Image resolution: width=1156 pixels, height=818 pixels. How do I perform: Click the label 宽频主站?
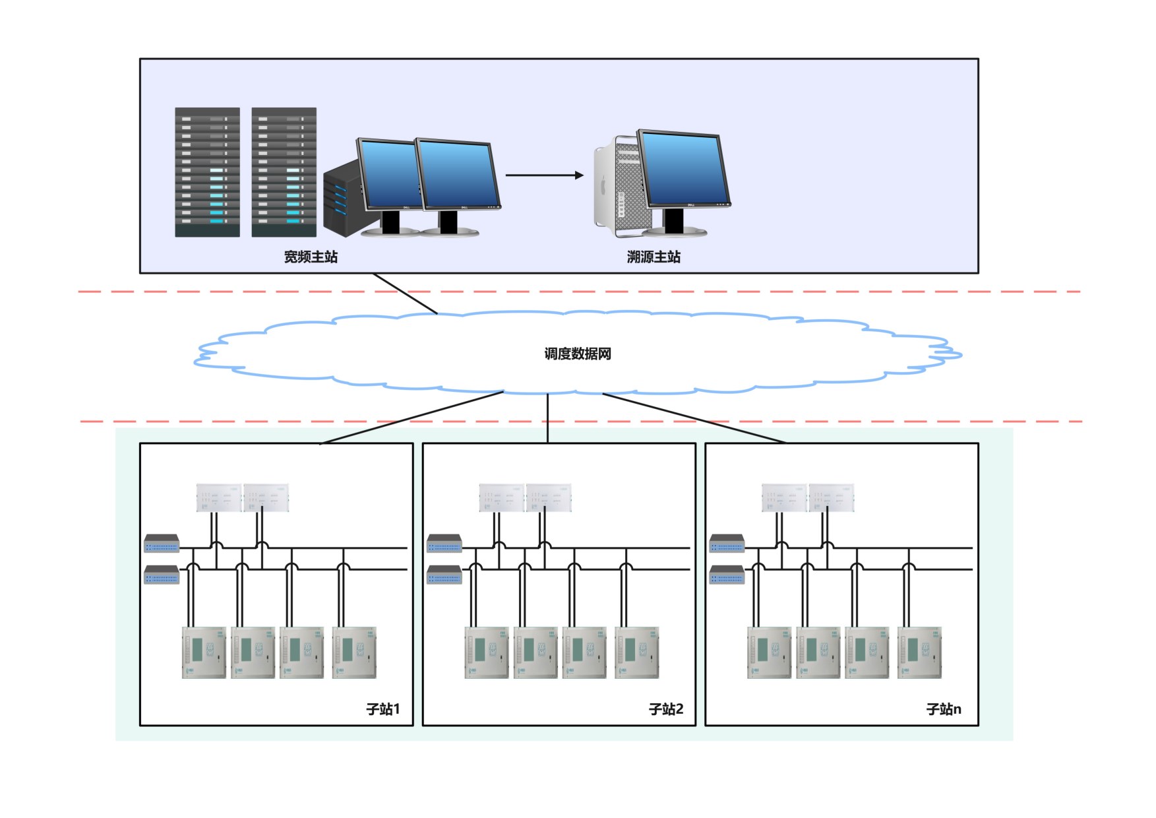point(311,257)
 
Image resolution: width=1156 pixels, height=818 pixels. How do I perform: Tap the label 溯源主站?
point(654,257)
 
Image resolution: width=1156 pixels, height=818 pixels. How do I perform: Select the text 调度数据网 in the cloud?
point(578,354)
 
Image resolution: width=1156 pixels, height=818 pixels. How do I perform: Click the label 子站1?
point(383,709)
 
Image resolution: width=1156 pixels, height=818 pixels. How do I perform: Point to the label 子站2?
point(666,709)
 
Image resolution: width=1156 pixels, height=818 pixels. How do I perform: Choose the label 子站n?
point(944,709)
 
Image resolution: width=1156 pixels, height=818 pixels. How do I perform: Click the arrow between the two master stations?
point(544,175)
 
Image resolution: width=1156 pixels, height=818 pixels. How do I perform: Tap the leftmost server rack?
point(207,172)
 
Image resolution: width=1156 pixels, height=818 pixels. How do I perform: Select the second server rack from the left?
point(284,172)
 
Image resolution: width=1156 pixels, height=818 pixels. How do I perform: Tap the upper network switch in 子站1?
point(162,544)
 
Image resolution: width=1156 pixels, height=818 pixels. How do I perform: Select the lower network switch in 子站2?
point(444,575)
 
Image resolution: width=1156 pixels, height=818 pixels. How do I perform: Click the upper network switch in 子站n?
point(727,544)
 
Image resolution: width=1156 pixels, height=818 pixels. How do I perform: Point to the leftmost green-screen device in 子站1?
point(204,652)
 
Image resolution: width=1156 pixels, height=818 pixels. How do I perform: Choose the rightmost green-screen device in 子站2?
point(636,652)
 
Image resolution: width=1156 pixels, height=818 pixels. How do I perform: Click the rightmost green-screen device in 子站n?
point(919,652)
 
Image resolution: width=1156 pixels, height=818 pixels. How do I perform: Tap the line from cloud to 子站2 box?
point(547,418)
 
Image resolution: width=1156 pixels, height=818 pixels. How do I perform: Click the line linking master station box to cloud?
point(405,294)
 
